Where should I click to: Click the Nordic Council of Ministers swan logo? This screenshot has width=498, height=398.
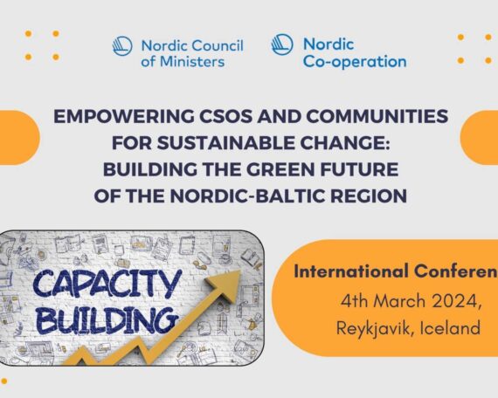pos(122,46)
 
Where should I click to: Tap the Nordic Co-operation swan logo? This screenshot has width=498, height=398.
pos(282,45)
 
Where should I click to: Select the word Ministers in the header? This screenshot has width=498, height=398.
pos(192,62)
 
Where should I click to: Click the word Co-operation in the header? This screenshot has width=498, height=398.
pos(355,62)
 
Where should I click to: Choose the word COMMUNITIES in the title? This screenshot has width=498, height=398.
pos(377,116)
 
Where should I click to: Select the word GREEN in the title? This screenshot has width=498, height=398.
pos(280,169)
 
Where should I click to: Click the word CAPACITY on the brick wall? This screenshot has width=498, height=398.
pos(107,284)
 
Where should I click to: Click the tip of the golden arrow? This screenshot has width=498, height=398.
pos(239,271)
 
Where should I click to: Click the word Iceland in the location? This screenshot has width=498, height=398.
pos(450,327)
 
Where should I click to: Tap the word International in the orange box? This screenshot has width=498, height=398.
pos(351,271)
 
